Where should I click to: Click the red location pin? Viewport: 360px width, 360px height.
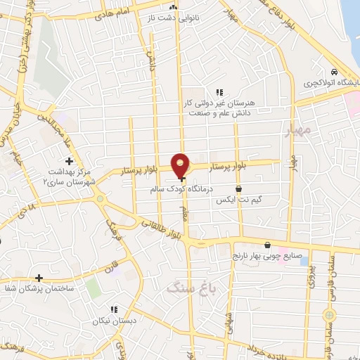tap(181, 165)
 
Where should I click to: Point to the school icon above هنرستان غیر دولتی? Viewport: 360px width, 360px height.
tap(219, 92)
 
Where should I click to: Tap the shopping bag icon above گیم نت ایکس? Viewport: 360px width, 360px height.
tap(239, 188)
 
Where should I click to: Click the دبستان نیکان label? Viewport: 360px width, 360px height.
tap(112, 321)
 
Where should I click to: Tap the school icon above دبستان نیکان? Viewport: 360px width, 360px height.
tap(112, 309)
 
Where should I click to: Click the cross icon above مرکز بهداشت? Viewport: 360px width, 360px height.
tap(69, 162)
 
